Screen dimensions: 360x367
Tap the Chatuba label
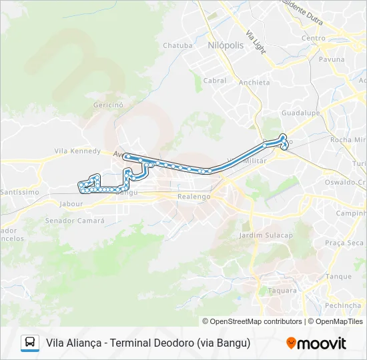[x=177, y=46]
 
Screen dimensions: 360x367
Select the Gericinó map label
[x=109, y=105]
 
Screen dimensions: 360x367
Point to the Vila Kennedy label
[x=77, y=151]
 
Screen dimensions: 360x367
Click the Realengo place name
[x=194, y=197]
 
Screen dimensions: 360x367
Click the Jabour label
[x=71, y=204]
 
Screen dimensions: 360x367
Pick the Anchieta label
[x=254, y=83]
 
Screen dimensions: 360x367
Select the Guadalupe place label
[x=302, y=114]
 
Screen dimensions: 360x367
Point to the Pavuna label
[x=332, y=59]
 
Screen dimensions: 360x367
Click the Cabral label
[x=215, y=81]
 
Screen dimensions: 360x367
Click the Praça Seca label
[x=344, y=243]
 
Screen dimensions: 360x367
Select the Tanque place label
[x=338, y=277]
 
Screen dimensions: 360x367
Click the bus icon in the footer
[x=30, y=343]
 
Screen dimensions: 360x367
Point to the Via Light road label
[x=255, y=41]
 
